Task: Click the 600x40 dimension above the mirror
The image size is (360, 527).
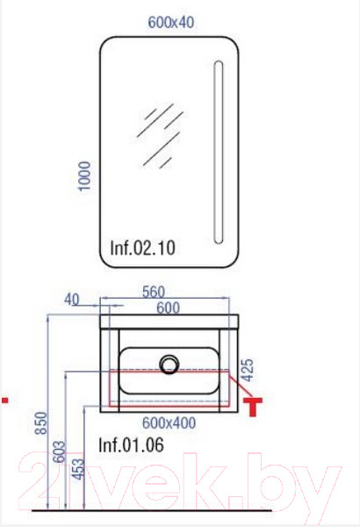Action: [x=170, y=23]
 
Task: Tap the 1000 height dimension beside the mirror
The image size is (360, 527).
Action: [x=84, y=177]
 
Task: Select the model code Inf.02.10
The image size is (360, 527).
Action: [x=143, y=248]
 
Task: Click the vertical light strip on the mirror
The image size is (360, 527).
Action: [x=219, y=152]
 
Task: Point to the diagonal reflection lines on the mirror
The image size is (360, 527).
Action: [x=160, y=135]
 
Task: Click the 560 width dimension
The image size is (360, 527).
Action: [x=154, y=292]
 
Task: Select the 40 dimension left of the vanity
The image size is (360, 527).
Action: [x=72, y=300]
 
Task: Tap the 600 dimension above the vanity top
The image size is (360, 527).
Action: [x=168, y=308]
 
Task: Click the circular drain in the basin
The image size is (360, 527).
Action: [x=169, y=365]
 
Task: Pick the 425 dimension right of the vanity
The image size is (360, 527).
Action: [x=248, y=370]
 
